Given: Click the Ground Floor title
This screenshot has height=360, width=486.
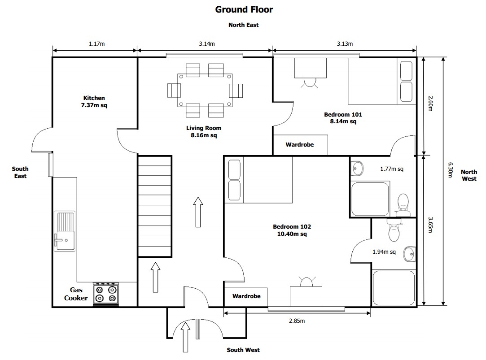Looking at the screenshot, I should pos(244,9).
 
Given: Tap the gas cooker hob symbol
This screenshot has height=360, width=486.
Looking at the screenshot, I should pos(106,294).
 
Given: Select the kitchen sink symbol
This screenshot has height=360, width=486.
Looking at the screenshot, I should pos(65,231).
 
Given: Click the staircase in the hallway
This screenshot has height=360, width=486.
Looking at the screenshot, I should pos(154,206).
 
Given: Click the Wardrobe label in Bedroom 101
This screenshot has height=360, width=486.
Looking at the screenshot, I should pos(300,145).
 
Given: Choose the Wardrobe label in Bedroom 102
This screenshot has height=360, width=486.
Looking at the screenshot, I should pos(246,296).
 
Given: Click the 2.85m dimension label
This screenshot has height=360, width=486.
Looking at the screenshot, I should pos(297,321).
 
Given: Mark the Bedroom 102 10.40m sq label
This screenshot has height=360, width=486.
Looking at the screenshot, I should pos(292,230).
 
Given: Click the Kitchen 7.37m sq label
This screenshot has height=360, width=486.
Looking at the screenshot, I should pos(94,102).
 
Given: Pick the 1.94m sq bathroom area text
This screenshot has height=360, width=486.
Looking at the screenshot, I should pos(384,252).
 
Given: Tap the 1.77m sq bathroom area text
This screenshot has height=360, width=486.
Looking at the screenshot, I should pos(391,169).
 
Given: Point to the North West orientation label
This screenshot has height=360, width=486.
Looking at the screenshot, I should pos(469,175).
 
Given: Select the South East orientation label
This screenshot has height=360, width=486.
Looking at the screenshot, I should pos(20,172).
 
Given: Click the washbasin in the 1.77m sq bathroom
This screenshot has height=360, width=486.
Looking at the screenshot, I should pos(357,169).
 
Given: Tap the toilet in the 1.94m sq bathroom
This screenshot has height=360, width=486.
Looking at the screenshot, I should pos(394,231).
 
